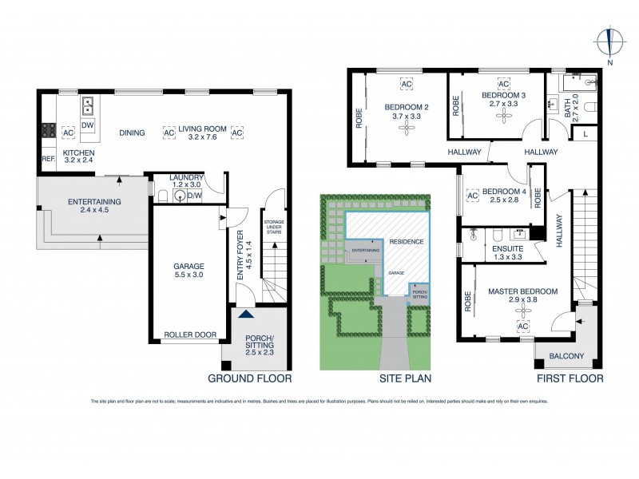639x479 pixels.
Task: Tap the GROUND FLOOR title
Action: click(x=249, y=378)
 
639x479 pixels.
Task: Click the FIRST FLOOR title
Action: click(x=569, y=378)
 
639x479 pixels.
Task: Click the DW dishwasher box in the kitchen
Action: click(x=88, y=125)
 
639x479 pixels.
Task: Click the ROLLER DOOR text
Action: click(x=189, y=335)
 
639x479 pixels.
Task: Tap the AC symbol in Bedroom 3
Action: click(x=503, y=84)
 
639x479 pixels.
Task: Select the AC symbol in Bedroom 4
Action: click(x=471, y=195)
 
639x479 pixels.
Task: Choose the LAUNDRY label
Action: click(x=187, y=177)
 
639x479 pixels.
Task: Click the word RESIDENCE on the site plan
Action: click(x=407, y=241)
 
